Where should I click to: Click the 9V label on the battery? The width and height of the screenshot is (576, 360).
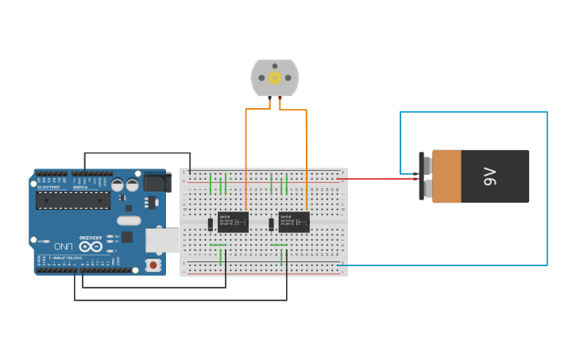(489, 176)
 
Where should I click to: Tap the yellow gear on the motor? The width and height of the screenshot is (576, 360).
(275, 78)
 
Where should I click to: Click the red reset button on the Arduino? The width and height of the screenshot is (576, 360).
(153, 264)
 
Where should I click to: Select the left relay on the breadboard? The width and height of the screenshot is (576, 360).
(234, 222)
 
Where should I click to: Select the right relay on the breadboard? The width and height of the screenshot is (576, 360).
(294, 222)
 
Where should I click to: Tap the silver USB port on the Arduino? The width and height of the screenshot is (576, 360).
(162, 240)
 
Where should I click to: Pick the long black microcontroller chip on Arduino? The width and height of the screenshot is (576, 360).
(73, 199)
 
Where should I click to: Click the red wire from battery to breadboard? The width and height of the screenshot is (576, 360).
(377, 178)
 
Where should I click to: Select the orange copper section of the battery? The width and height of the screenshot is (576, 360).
(446, 176)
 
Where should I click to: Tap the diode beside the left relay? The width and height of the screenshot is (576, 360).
(211, 224)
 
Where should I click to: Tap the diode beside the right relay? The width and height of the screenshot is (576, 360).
(272, 224)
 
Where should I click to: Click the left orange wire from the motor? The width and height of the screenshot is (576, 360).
(246, 143)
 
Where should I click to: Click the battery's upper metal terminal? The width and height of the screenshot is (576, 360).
(427, 165)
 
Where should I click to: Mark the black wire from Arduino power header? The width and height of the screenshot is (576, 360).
(135, 153)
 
